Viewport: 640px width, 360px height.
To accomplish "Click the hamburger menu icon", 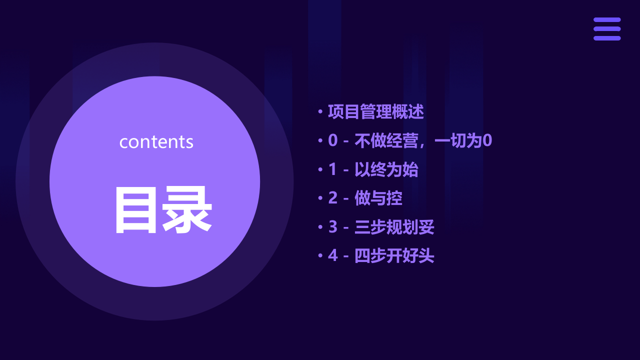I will pos(607,29).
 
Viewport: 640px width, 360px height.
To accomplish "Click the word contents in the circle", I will pos(156,142).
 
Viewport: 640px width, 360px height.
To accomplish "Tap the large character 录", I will pos(187,210).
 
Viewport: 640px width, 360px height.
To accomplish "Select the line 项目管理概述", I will pos(375,112).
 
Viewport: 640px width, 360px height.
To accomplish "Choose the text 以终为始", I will pos(386,170).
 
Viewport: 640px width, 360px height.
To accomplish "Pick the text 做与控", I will pos(378,198).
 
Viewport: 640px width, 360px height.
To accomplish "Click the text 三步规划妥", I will pos(394,227).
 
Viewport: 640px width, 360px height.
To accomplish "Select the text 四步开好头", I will pos(394,256).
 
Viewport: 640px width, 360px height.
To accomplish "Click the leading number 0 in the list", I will pos(333,141).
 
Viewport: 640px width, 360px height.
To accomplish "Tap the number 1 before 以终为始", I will pos(333,170).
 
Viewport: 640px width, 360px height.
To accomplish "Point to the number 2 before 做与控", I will pos(333,198).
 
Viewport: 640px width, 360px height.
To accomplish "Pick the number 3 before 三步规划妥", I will pos(333,227).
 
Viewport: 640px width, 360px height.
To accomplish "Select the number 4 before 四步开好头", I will pos(333,256).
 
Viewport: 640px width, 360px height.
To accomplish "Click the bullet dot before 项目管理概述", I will pos(320,112).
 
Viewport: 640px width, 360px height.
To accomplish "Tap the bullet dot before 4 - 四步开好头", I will pos(320,256).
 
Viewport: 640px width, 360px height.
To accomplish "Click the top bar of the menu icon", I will pos(607,20).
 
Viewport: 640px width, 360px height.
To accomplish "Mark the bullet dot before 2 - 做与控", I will pos(320,198).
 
